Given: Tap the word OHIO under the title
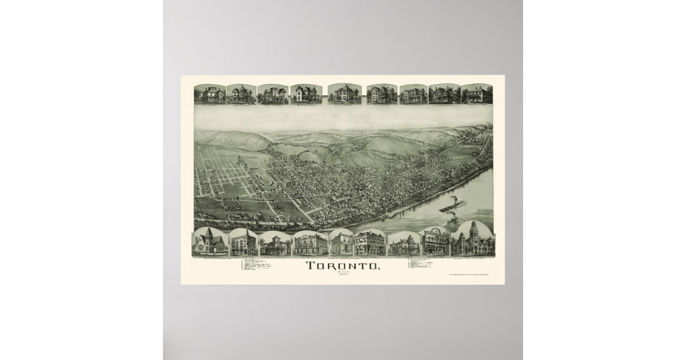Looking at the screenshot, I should (x=343, y=272).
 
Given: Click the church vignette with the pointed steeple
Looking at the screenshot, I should (x=210, y=242).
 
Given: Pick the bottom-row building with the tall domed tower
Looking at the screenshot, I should (x=472, y=239).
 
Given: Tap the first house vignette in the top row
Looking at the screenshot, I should (x=210, y=94).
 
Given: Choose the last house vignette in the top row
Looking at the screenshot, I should (x=476, y=94).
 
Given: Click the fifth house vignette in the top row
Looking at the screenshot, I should (x=344, y=94).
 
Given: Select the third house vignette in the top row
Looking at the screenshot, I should (x=272, y=94).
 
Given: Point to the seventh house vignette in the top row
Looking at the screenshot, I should (x=413, y=94).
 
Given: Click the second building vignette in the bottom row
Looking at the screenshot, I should (x=244, y=242).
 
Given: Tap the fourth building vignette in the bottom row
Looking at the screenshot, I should (x=310, y=243).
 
